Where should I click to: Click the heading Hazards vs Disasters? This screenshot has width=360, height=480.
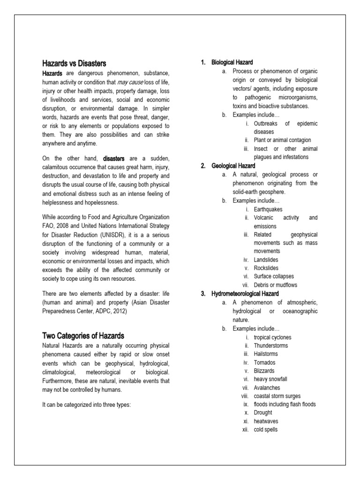click(74, 63)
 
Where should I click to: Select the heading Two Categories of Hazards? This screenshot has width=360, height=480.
click(83, 335)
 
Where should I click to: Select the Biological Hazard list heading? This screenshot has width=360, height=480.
click(232, 62)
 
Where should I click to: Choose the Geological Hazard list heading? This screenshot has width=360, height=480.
click(233, 165)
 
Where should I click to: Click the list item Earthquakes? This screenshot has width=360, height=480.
click(268, 209)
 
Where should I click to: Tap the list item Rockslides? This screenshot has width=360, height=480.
click(266, 268)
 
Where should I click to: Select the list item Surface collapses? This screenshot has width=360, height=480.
click(274, 277)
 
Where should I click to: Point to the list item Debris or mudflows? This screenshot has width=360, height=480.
click(275, 285)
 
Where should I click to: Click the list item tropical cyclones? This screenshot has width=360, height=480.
click(272, 337)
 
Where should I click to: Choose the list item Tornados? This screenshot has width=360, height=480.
click(264, 362)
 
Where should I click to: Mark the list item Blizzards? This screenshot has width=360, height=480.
click(264, 371)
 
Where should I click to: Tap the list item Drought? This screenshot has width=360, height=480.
click(262, 412)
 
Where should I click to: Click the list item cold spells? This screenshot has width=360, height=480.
click(265, 429)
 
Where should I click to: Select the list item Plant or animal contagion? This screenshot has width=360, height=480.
click(282, 140)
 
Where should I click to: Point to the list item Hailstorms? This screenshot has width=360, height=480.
click(266, 354)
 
